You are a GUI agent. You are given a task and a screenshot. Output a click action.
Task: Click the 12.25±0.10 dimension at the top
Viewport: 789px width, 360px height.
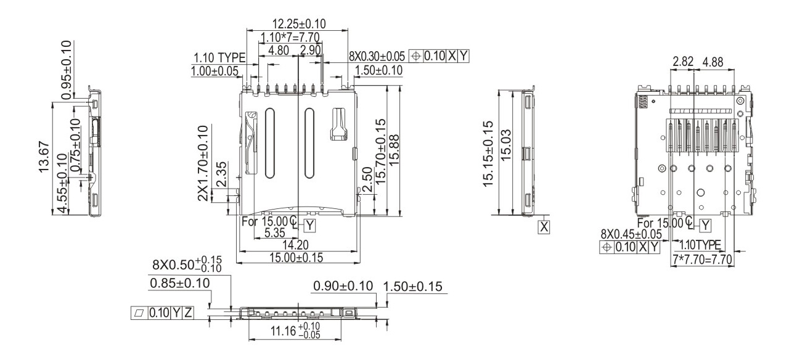pos(299,24)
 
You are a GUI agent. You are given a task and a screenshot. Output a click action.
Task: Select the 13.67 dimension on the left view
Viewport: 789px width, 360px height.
pos(44,157)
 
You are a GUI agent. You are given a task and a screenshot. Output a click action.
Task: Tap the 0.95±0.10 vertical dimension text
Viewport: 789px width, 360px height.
pos(66,70)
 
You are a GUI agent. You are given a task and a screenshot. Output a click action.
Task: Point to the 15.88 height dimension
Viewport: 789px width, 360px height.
pos(394,150)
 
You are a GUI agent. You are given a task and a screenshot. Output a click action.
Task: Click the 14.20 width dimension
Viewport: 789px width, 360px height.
pos(295,245)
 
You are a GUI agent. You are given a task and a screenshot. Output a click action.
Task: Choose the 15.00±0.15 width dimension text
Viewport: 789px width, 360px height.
pos(296,258)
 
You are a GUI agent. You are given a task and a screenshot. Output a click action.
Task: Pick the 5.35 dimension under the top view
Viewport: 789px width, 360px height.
pos(274,233)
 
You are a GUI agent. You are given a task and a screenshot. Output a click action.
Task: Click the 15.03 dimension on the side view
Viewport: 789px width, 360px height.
pos(505,145)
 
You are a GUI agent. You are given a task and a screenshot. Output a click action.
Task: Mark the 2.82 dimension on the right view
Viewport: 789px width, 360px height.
pos(683,62)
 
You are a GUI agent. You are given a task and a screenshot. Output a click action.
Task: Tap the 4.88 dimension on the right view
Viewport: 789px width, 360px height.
pos(713,62)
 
